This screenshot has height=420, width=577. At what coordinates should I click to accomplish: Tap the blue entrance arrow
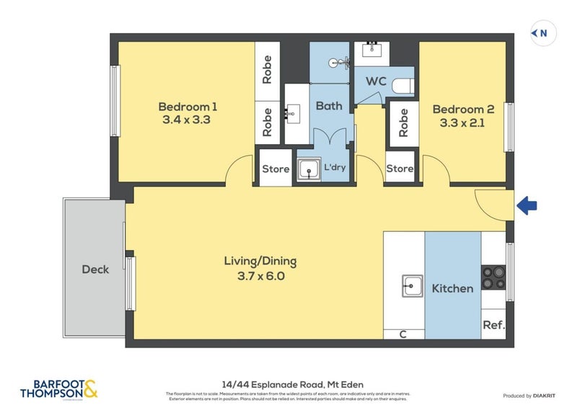[x=527, y=207]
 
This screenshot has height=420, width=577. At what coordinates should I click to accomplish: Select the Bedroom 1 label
[x=188, y=107]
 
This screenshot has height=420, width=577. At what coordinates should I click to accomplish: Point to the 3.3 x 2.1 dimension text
[x=463, y=123]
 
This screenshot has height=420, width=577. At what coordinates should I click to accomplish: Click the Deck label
[x=95, y=269]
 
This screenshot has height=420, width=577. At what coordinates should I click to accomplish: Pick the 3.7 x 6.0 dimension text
[x=260, y=275]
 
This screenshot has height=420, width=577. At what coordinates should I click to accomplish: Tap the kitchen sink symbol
[x=412, y=286]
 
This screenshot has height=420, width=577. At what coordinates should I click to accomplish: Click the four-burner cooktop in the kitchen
[x=494, y=278]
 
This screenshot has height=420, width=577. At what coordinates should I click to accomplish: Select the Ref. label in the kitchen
[x=493, y=325]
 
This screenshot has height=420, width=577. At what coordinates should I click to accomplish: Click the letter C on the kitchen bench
[x=403, y=334]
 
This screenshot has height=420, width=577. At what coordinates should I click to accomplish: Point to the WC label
[x=375, y=81]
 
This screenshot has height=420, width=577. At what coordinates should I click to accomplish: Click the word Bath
[x=330, y=106]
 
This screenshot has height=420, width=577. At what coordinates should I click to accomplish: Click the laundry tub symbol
[x=310, y=169]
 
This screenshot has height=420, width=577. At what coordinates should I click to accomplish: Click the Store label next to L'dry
[x=275, y=170]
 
